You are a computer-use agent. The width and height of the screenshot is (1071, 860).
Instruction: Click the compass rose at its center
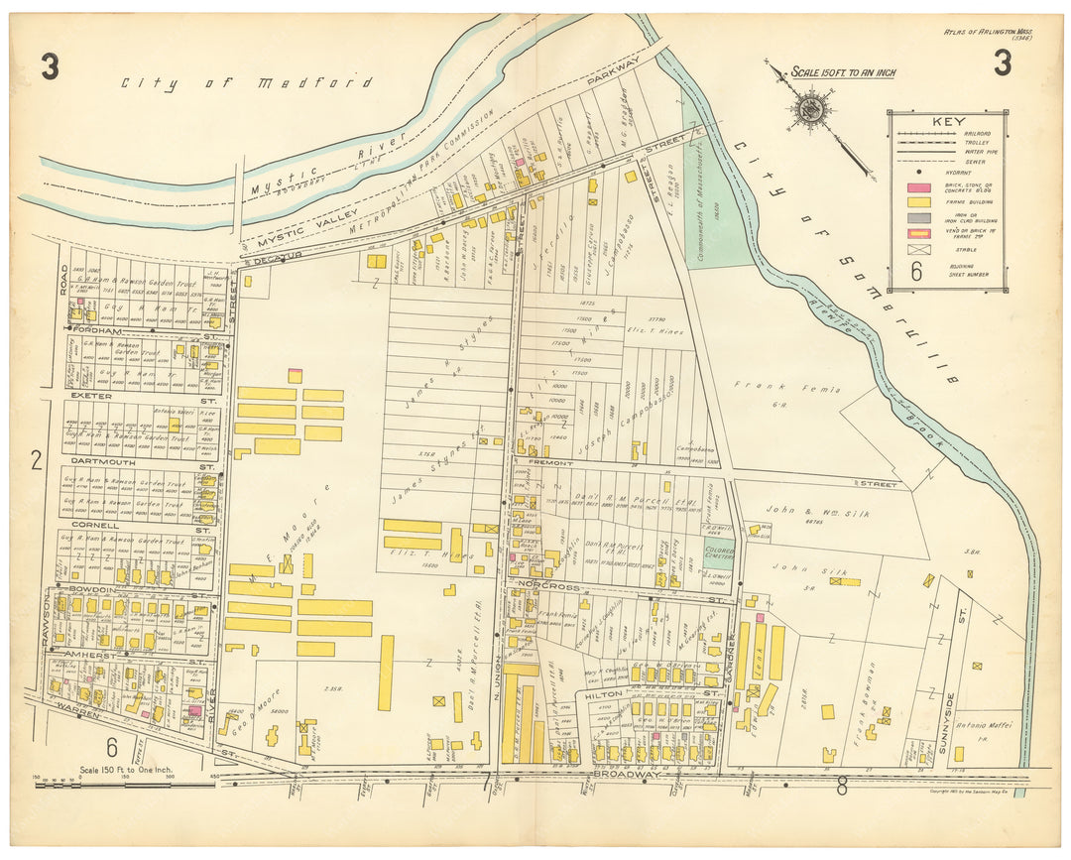coord(812,108)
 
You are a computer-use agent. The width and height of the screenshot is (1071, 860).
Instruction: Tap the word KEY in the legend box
coord(947,123)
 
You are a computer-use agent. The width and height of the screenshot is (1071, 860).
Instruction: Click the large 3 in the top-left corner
coord(50,66)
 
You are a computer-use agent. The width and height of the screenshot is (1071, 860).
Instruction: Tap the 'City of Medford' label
coord(247,83)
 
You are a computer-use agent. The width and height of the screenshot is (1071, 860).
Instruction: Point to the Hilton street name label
coord(603,696)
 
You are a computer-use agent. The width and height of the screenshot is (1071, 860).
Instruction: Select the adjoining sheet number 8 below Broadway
coord(842,789)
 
